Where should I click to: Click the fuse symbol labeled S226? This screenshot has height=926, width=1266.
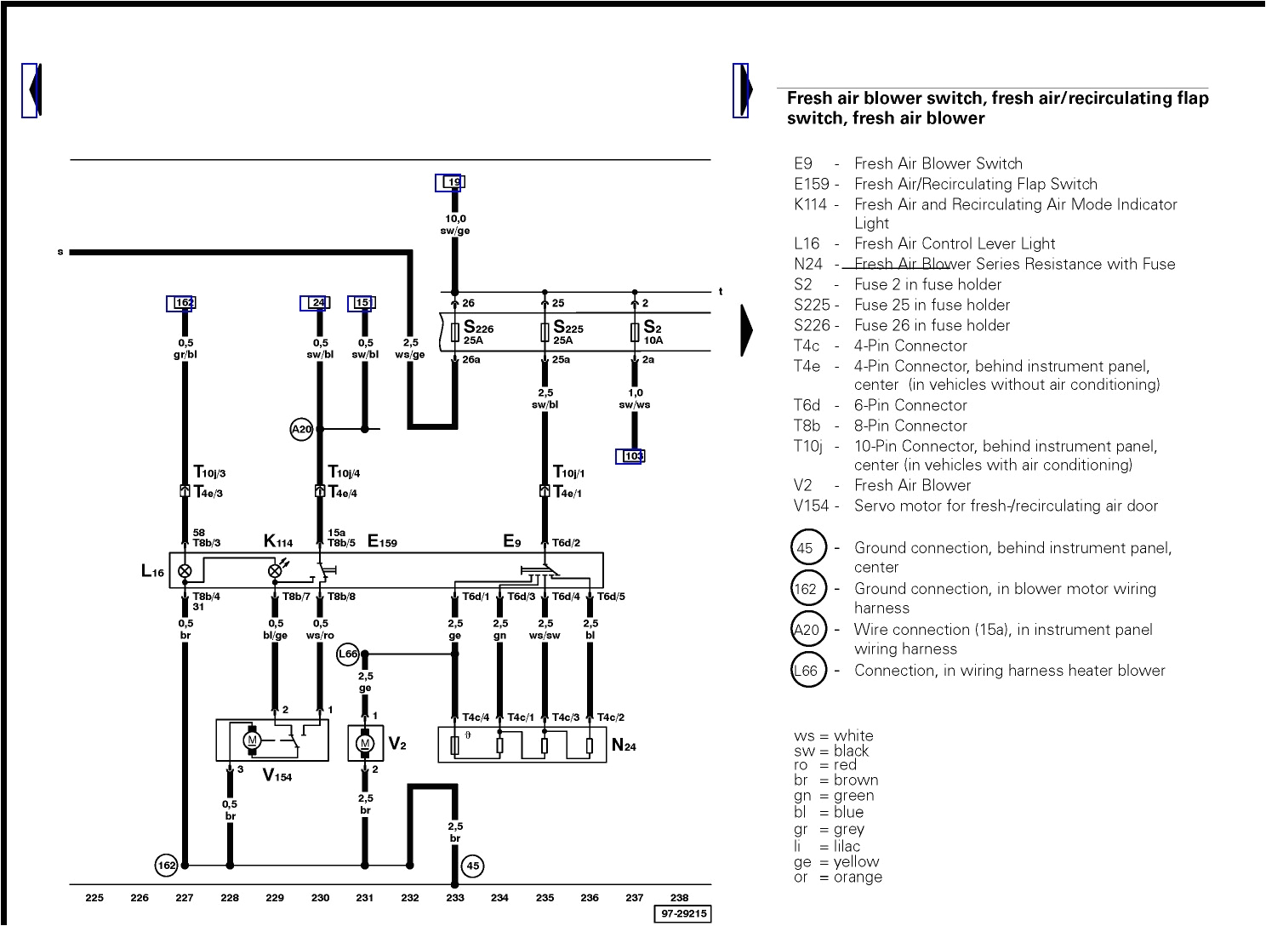[455, 332]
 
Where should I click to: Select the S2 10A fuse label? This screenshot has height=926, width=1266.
[653, 332]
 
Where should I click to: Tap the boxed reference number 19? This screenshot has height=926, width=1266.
[453, 182]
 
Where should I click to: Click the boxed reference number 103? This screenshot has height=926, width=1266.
[633, 456]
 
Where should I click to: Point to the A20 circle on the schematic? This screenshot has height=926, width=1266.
[302, 430]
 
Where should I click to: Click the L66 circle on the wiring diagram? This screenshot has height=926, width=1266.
[348, 654]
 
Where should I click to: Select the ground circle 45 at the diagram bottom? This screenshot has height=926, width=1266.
[473, 866]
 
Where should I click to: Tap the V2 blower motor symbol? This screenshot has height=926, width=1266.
[365, 744]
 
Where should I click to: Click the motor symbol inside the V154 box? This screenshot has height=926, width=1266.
[252, 740]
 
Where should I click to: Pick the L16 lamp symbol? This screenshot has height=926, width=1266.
[185, 571]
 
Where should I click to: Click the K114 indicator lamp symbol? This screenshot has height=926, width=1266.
[275, 571]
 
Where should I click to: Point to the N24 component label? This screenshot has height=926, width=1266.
[624, 746]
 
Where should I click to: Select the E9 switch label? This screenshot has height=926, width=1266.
[512, 540]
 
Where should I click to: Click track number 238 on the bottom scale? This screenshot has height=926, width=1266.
[679, 897]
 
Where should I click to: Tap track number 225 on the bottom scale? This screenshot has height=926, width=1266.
[94, 897]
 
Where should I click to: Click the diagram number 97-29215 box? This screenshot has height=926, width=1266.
[681, 914]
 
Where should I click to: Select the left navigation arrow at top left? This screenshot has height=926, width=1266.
[31, 89]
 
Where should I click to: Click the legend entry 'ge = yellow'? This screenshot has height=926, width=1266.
[837, 862]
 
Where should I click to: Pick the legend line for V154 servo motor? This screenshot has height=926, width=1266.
[976, 506]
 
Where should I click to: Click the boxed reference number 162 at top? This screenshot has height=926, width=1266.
[184, 303]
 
